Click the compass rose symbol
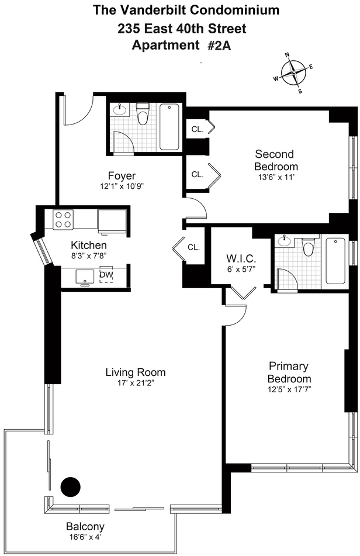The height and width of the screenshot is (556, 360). coord(294,72)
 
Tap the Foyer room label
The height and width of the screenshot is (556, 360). coord(122,176)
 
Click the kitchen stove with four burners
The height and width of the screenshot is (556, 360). coord(63,219)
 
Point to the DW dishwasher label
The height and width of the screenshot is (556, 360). coord(106,274)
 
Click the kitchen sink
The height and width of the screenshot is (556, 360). coord(85,277)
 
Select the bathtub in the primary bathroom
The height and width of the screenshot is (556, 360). coord(335,261)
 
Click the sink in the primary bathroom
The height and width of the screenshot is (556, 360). coord(284,241)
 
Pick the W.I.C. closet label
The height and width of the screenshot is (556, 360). coord(241,258)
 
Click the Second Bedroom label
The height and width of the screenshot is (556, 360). coord(276,160)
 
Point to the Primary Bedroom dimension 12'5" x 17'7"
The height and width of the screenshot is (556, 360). coord(289,390)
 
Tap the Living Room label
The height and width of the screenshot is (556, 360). coord(136,372)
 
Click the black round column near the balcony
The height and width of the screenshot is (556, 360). coord(71,487)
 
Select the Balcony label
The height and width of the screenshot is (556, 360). coord(85,527)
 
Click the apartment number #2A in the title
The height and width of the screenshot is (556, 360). coord(219,46)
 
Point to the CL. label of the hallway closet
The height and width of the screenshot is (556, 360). coord(193,247)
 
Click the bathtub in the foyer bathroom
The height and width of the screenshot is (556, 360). coord(169,127)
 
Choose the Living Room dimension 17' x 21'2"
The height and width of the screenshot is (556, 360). coord(136,383)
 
